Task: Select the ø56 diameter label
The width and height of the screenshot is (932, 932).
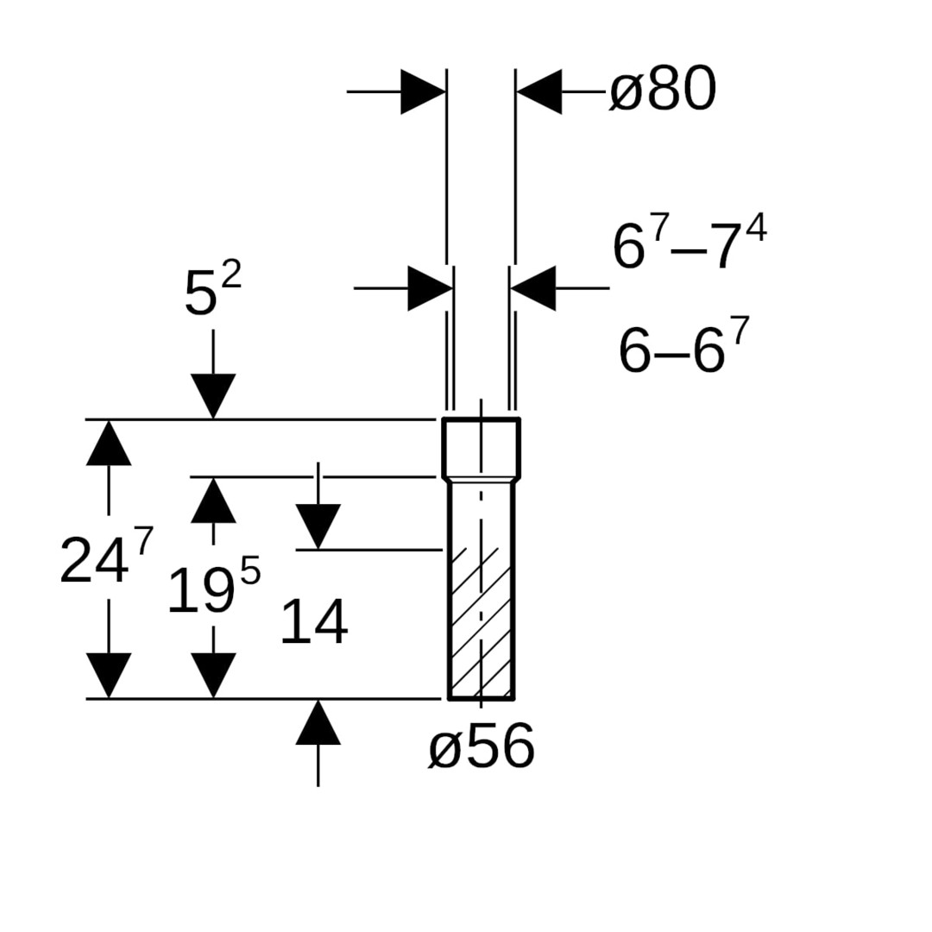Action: point(482,746)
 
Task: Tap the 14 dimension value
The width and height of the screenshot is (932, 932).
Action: point(314,621)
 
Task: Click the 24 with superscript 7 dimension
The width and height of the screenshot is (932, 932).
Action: point(107,556)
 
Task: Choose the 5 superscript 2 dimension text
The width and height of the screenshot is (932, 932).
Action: point(213,289)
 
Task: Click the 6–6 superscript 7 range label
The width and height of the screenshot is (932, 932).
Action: point(683,345)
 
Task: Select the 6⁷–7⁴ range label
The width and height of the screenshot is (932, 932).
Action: point(690,241)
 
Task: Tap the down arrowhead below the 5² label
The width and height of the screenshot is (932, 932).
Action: point(213,396)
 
